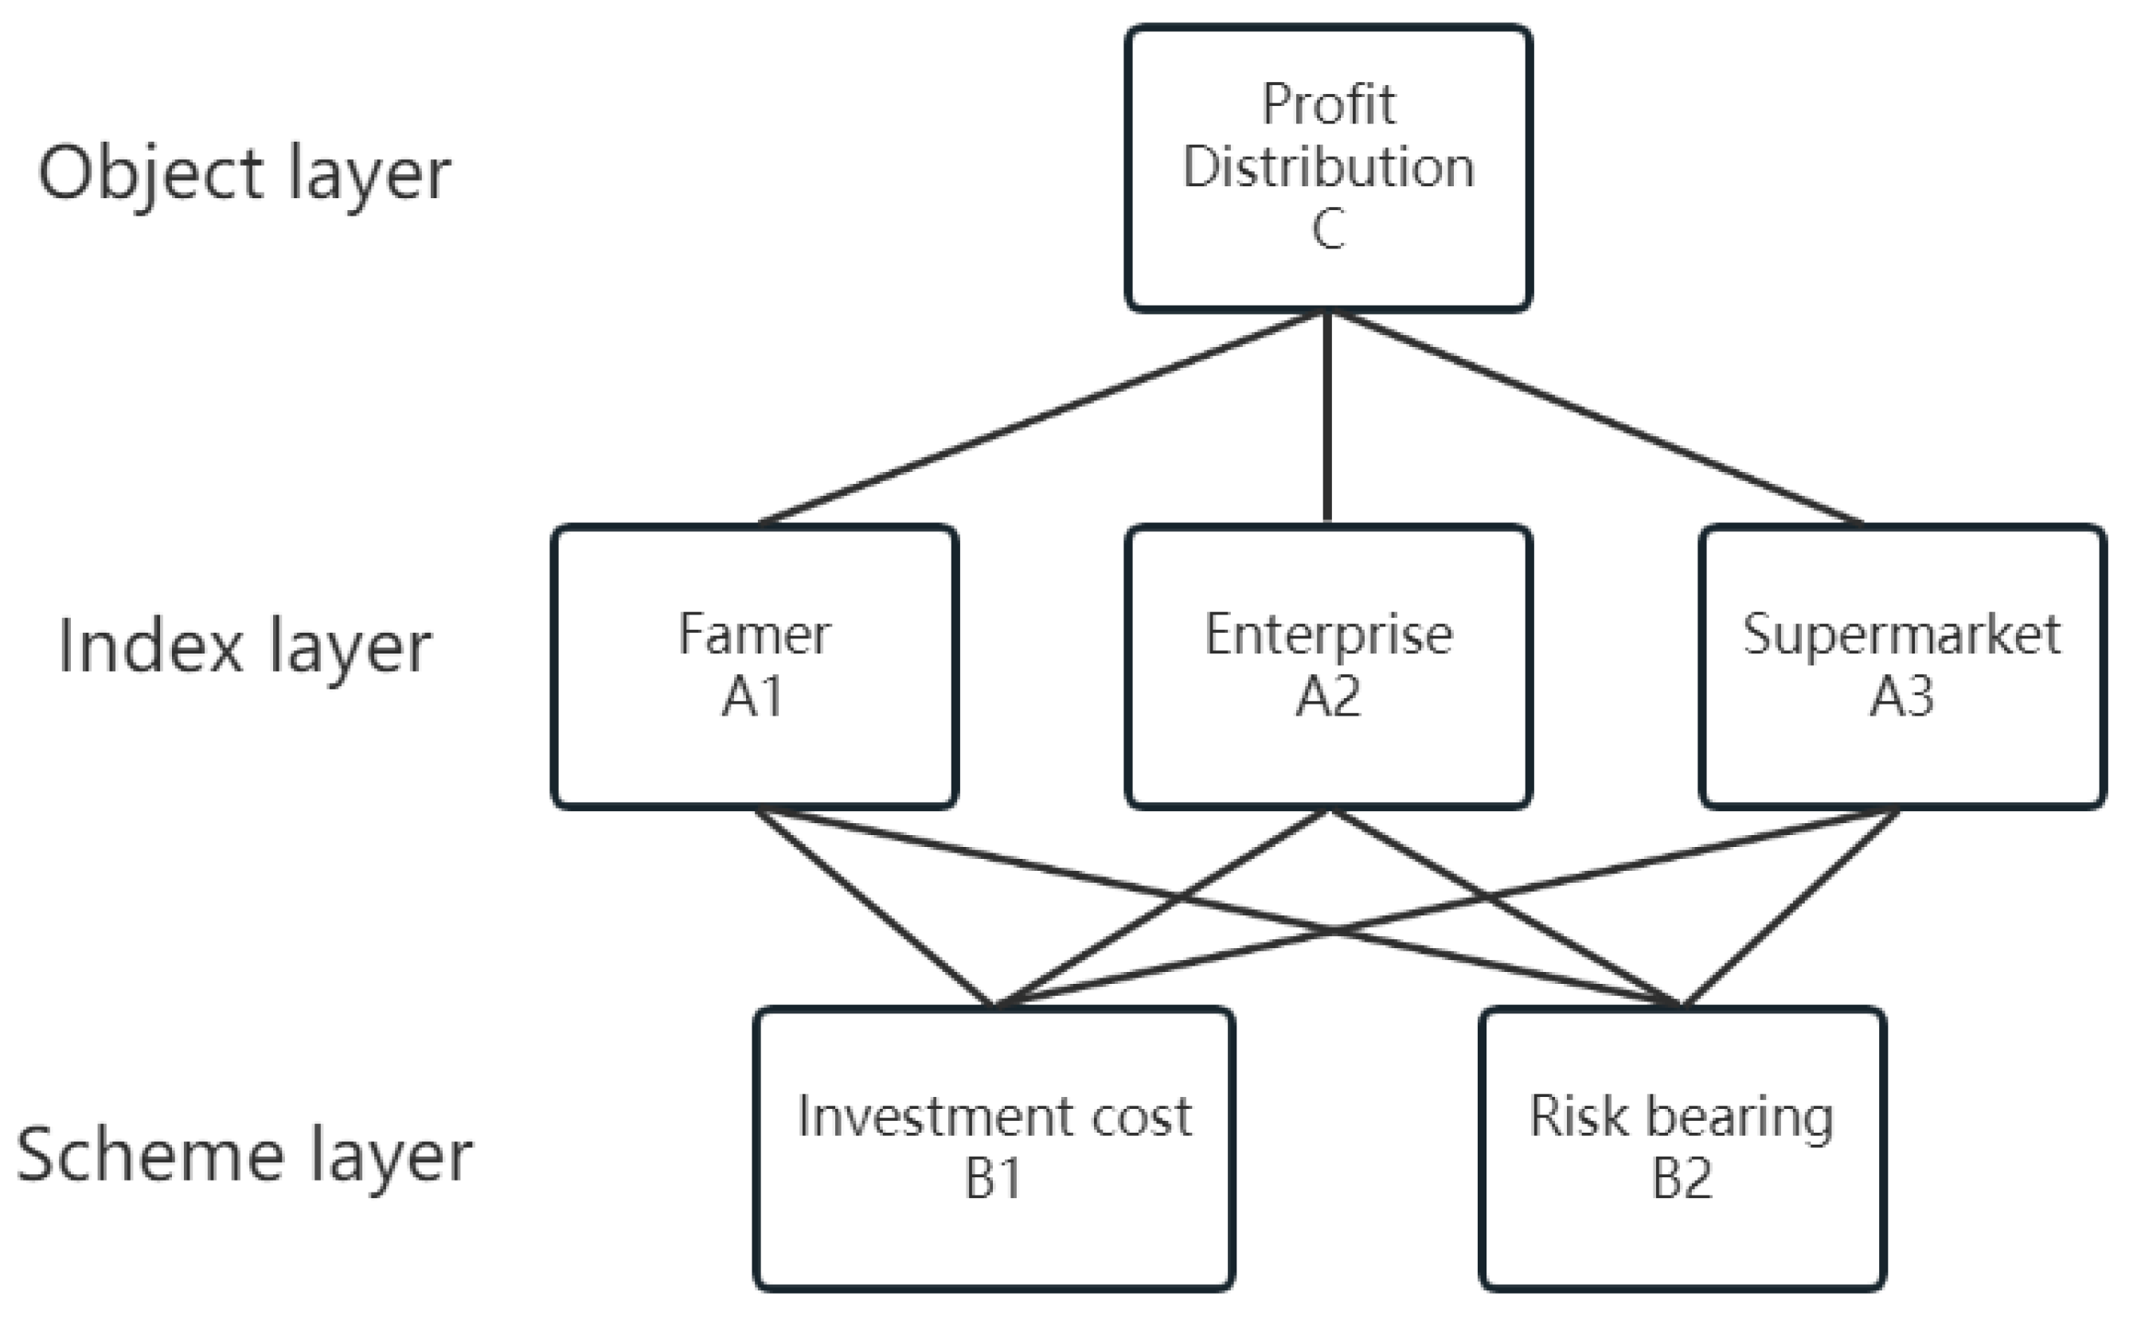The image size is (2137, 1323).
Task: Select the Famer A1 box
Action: point(754,667)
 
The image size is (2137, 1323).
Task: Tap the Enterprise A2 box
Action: point(1327,667)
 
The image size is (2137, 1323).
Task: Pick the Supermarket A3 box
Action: point(1902,667)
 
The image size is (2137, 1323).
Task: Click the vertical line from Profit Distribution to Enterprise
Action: point(1327,416)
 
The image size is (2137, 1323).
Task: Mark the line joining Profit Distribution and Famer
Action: point(1041,416)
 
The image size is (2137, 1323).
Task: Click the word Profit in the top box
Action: point(1327,105)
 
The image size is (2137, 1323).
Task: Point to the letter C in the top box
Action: point(1327,230)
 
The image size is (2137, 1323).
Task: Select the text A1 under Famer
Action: point(752,698)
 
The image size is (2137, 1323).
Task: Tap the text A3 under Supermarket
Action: point(1901,698)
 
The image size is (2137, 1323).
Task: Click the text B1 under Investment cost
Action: point(993,1180)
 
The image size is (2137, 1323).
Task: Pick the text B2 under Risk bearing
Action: point(1681,1180)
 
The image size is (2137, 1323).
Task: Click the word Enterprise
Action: point(1327,636)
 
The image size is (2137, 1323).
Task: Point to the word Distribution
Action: point(1327,167)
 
